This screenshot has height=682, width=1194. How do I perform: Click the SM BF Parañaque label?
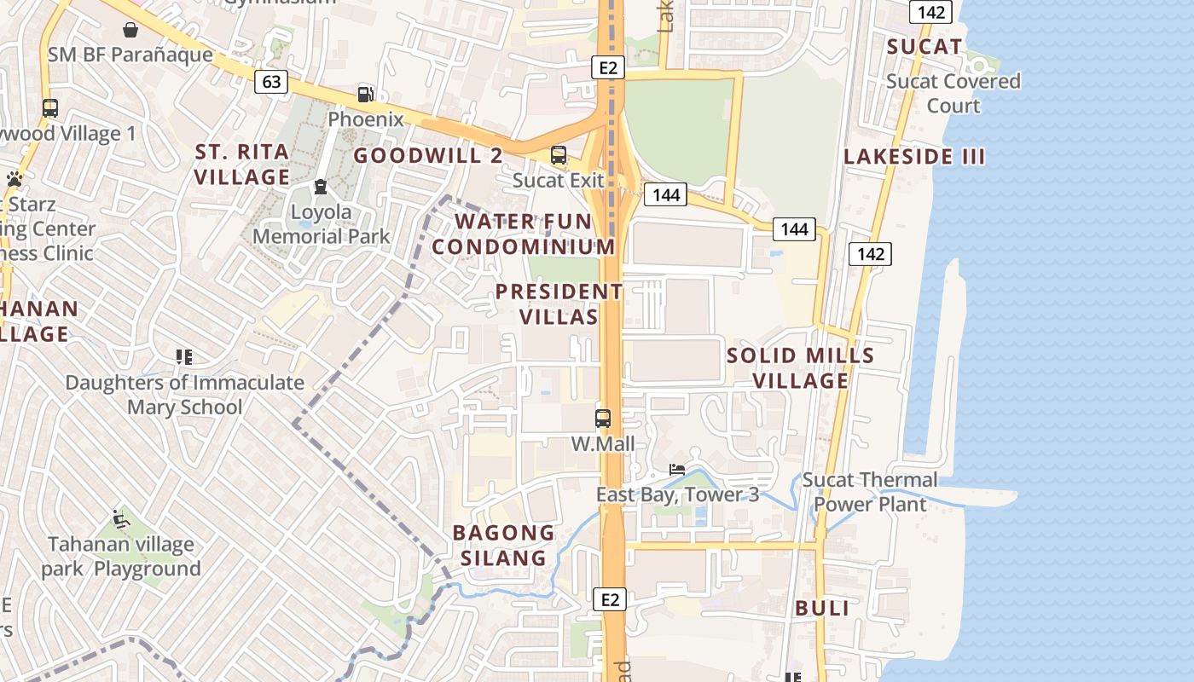130,55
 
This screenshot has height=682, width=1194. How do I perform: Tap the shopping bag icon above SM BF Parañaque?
130,31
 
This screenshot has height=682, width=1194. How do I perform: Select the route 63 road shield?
271,82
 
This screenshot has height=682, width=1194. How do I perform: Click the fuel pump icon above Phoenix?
365,94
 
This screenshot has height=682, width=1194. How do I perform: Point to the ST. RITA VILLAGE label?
242,165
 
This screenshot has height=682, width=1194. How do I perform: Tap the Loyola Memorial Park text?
322,224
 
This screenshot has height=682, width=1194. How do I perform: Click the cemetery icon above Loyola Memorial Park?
321,186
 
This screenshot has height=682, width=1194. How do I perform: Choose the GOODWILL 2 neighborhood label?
428,156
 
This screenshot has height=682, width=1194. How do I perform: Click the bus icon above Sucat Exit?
559,155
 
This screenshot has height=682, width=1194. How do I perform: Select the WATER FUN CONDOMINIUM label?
523,234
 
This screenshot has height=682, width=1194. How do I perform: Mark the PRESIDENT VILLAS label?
559,304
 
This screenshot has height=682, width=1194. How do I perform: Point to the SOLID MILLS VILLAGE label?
801,367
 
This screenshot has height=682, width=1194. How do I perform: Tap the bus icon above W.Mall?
603,419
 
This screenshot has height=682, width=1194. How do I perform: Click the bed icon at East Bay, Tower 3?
677,470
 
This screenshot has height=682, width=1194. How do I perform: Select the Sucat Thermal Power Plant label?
870,492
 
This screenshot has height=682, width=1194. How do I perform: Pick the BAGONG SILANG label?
503,546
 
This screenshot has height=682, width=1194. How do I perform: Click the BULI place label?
822,609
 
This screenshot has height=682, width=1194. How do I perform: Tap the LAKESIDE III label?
914,157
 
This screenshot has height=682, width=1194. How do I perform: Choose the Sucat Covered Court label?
953,94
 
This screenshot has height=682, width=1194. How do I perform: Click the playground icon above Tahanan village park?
120,518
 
